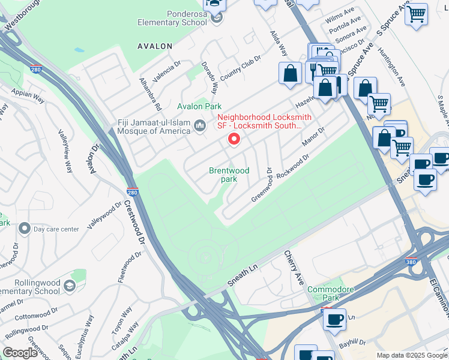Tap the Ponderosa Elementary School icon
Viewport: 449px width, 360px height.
click(x=217, y=18)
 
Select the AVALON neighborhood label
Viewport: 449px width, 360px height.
click(x=155, y=46)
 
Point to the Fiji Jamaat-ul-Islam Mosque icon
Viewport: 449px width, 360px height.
click(x=200, y=125)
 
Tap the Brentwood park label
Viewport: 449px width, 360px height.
click(x=229, y=175)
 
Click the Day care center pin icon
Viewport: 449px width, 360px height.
click(x=24, y=229)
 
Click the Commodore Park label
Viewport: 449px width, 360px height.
click(x=328, y=293)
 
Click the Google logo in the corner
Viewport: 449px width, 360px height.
click(x=20, y=352)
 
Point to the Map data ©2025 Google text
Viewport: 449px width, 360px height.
click(x=411, y=355)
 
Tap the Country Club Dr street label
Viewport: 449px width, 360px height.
click(x=240, y=68)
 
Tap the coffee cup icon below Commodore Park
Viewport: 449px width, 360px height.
click(x=334, y=319)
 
